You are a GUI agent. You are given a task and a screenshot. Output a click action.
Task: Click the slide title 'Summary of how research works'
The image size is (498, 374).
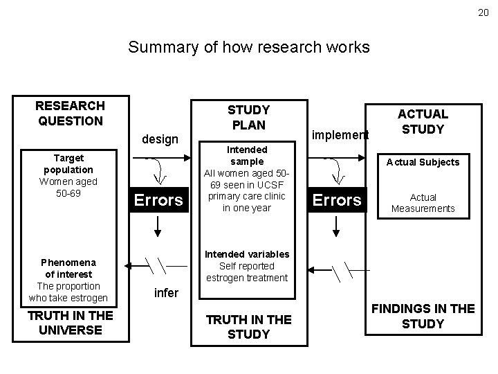(249, 48)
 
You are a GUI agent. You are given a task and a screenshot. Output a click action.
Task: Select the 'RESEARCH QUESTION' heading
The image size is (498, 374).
(70, 113)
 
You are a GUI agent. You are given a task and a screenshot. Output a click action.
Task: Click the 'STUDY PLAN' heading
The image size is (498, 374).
(248, 117)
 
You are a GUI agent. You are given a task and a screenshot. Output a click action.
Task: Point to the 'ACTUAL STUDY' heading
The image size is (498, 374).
(422, 121)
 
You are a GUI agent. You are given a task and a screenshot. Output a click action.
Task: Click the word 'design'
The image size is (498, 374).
(160, 139)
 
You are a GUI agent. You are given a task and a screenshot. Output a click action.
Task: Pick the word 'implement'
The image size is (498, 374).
(340, 134)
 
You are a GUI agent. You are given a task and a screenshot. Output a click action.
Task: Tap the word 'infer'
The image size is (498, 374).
(165, 293)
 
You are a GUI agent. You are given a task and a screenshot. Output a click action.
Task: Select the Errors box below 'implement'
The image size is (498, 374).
(338, 200)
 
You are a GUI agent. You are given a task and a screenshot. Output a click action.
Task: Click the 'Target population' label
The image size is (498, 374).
(68, 163)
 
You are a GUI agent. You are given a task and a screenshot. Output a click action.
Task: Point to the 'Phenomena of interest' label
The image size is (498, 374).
(68, 268)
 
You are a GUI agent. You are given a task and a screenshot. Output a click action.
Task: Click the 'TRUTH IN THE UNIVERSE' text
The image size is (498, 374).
(70, 322)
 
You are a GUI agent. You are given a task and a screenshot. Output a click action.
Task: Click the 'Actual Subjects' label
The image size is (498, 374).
(422, 162)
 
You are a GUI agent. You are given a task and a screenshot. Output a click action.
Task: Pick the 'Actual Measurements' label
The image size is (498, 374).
(422, 203)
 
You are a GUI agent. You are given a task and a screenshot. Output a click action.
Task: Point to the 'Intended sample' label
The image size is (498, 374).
(247, 155)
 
